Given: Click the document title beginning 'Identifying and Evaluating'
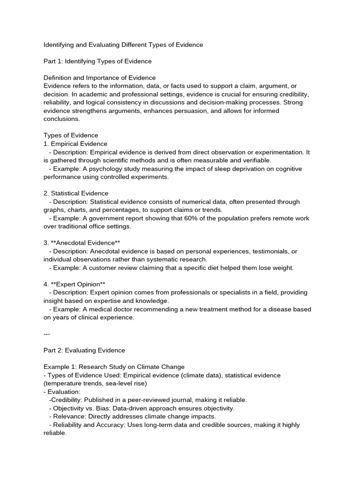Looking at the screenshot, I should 123,45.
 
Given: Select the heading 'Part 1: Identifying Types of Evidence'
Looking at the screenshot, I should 97,61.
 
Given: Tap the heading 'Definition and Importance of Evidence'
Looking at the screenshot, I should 99,77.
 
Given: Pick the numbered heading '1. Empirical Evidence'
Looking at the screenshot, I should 75,144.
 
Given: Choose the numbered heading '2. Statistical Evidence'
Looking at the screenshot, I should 76,193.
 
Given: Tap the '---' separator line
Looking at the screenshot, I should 46,334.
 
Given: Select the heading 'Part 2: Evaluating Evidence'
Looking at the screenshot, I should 84,350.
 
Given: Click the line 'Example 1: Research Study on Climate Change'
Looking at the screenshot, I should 114,367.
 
